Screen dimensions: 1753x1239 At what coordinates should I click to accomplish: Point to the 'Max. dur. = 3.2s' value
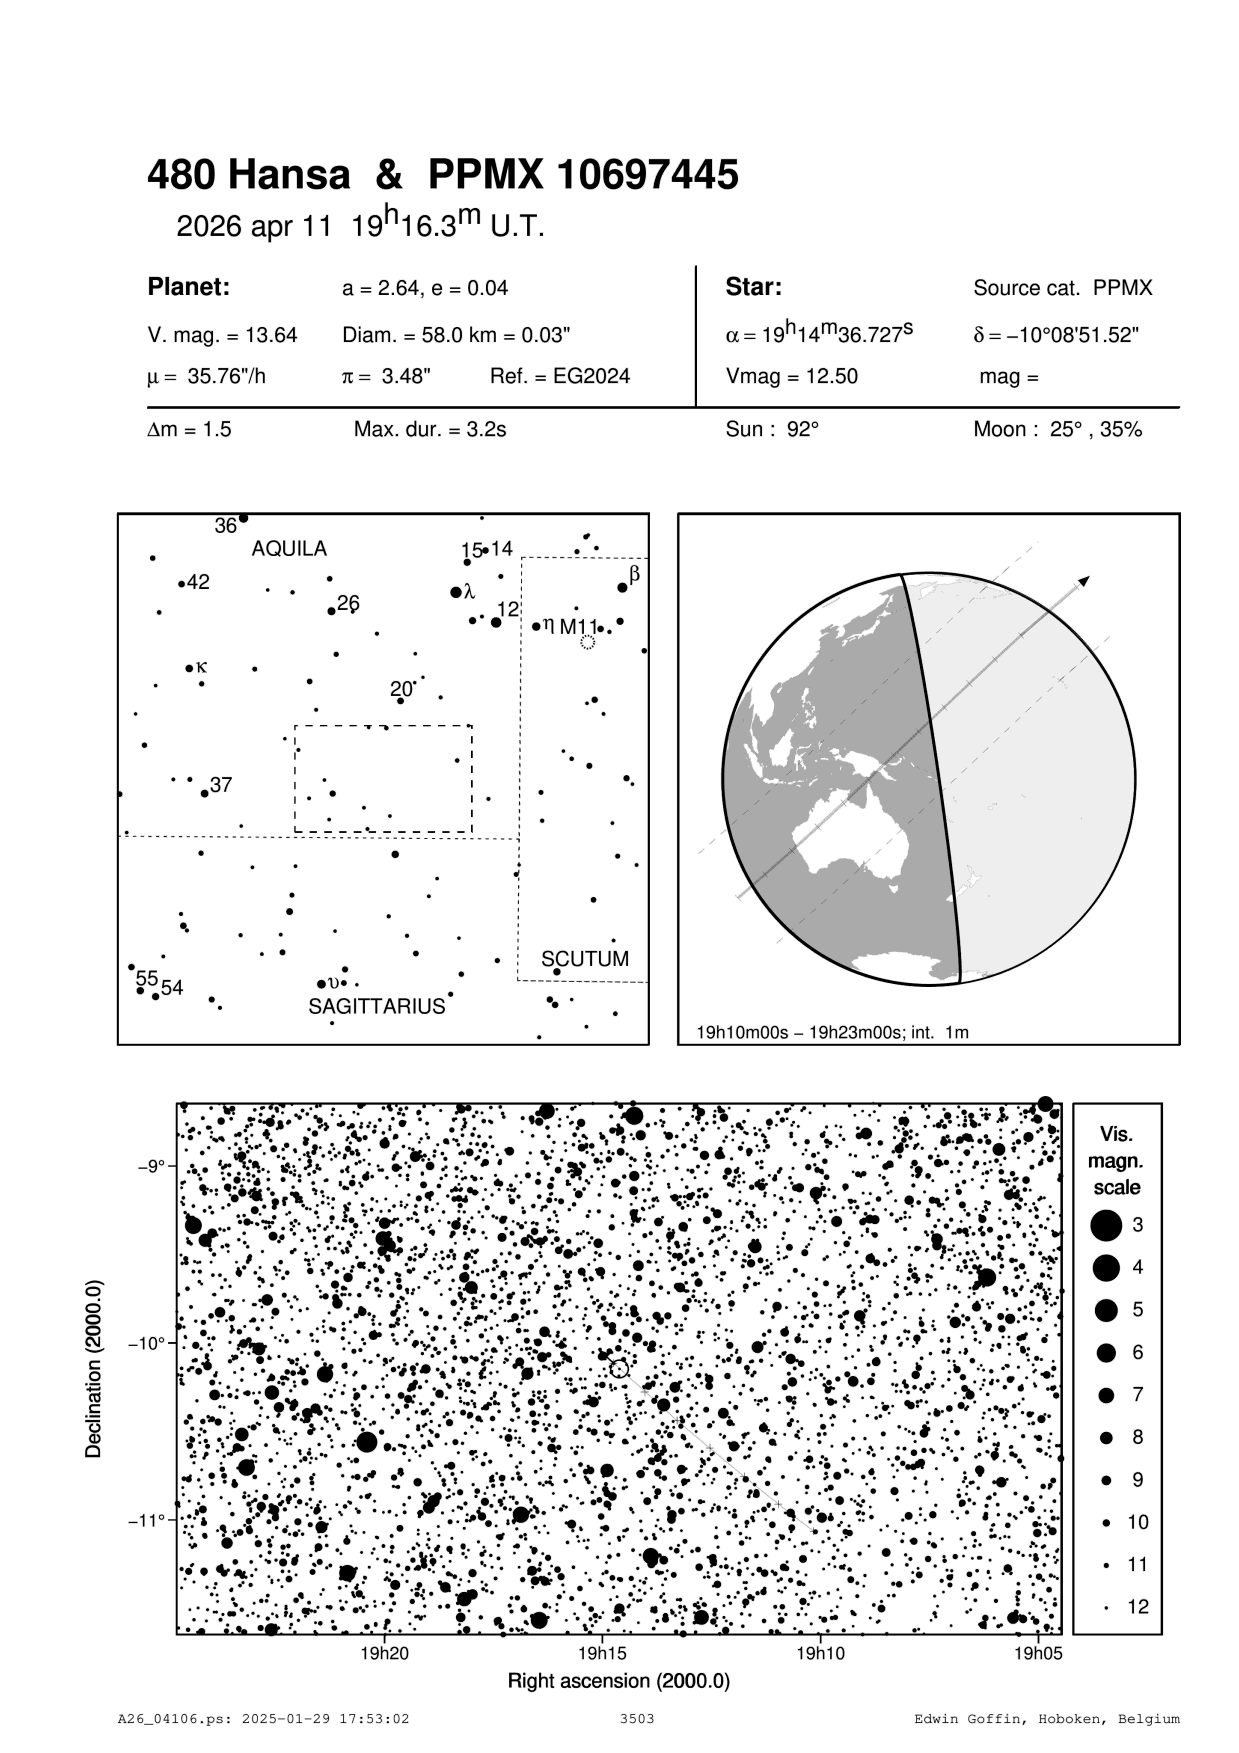[x=430, y=430]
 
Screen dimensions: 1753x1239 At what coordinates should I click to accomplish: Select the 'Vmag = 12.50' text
[x=791, y=377]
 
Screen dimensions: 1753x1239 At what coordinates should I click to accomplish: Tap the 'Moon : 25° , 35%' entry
[x=1057, y=430]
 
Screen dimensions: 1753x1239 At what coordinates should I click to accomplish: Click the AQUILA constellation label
[x=289, y=549]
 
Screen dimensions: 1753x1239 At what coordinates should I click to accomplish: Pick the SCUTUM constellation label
[x=585, y=959]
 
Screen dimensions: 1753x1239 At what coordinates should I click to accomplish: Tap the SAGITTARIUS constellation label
[x=376, y=1007]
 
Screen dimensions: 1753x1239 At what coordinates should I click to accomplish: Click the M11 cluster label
[x=578, y=627]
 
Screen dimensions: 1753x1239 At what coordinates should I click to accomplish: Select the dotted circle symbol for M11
[x=588, y=642]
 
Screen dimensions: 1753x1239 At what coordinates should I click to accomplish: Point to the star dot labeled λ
[x=456, y=592]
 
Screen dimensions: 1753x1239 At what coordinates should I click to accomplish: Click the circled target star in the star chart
[x=619, y=1368]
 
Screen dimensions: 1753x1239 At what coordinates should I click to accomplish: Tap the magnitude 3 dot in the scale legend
[x=1106, y=1225]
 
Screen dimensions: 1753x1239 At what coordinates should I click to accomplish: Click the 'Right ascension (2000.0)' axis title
[x=619, y=1681]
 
